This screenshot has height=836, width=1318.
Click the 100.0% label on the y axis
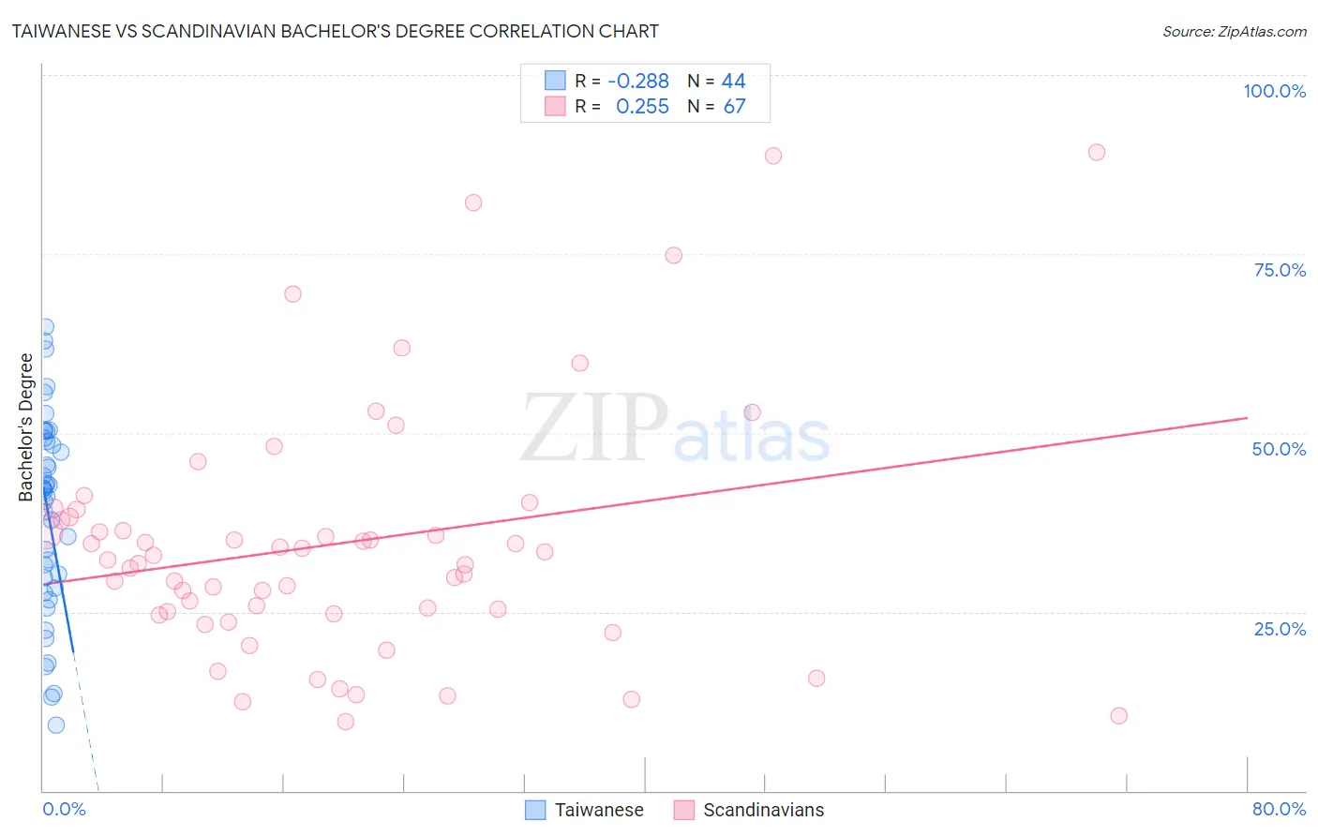point(1274,91)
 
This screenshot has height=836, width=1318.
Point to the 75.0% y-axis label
point(1280,270)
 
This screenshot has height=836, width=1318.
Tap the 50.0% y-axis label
point(1279,449)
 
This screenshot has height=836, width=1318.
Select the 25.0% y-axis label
point(1280,629)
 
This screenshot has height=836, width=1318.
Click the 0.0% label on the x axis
point(64,809)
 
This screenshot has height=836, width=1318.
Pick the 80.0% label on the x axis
point(1279,809)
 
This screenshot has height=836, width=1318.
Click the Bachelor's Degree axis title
point(26,427)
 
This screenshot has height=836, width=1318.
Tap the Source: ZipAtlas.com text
point(1234,31)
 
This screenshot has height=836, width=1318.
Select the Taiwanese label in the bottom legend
point(599,810)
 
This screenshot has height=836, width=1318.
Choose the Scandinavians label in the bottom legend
point(763,810)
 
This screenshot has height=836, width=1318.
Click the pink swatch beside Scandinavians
point(684,810)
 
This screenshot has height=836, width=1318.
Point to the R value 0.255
point(642,107)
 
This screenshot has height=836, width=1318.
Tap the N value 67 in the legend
point(734,107)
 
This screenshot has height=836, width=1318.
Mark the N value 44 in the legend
point(733,82)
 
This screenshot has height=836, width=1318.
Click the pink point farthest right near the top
point(1096,152)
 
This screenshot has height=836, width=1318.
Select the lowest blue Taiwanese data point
point(56,724)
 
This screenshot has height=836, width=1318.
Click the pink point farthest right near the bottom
point(1118,715)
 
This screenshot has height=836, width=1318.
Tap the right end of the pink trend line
point(1247,417)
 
